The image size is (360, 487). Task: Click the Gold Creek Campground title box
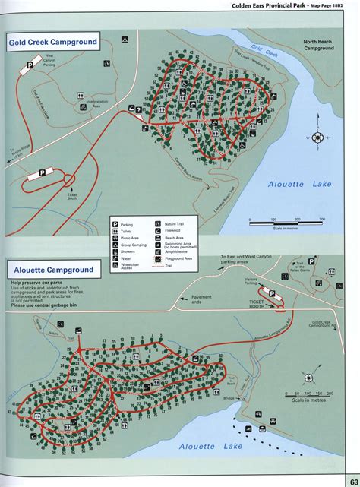[54, 43]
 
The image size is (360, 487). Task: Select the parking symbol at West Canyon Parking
[30, 66]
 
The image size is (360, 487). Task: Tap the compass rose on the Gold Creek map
[317, 138]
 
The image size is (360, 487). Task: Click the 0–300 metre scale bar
[286, 221]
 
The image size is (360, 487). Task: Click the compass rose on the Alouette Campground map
[309, 377]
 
